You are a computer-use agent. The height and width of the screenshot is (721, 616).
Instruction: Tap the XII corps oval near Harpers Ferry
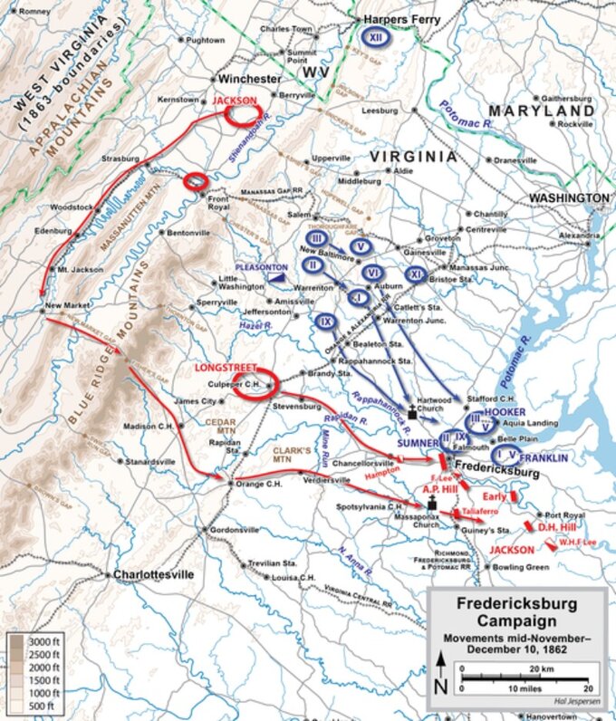coord(373,36)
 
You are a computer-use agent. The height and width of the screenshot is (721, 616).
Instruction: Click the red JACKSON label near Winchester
coord(236,101)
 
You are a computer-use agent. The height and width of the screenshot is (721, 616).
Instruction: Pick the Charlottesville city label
coord(153,574)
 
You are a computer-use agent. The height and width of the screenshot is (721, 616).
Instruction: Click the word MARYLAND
coord(542,111)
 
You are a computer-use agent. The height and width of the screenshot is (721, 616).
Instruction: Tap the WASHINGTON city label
coord(569,197)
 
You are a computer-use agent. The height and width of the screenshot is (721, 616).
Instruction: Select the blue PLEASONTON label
coord(261,267)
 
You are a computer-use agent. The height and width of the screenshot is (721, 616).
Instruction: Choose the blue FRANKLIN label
coord(544,458)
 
